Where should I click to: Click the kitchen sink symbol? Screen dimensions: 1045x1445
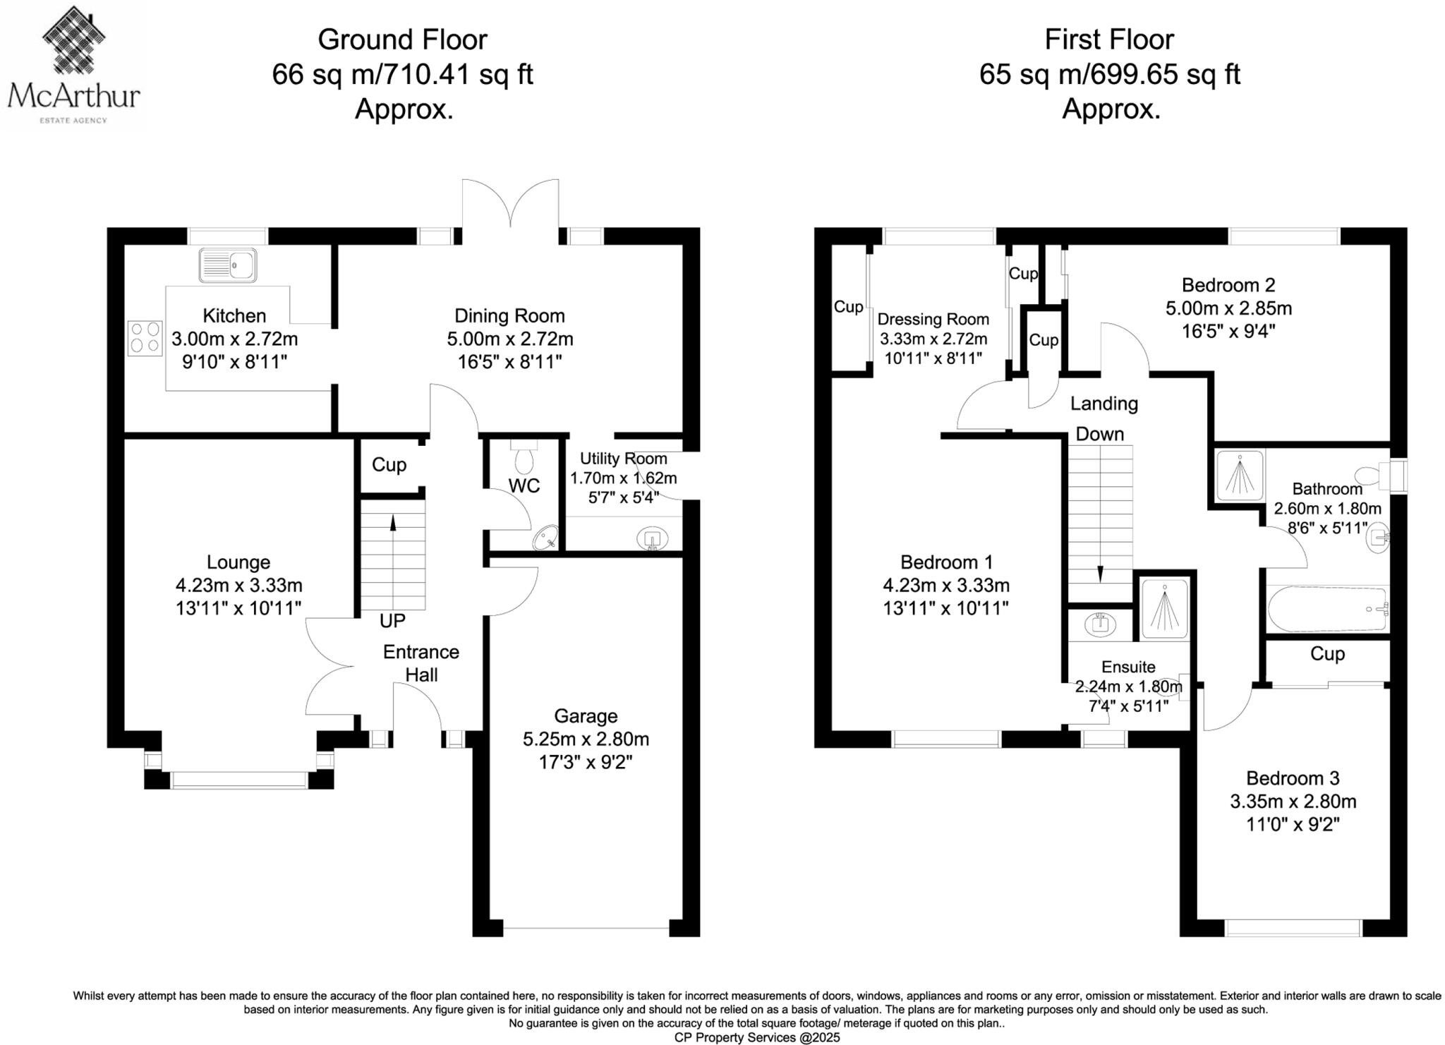click(x=227, y=265)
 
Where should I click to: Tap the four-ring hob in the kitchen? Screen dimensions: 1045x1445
click(x=145, y=337)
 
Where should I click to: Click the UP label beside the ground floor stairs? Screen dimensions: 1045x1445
click(x=392, y=621)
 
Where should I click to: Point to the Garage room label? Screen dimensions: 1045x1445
click(x=586, y=715)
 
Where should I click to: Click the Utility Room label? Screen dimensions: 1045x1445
click(x=623, y=459)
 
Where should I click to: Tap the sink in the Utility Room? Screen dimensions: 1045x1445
click(x=652, y=539)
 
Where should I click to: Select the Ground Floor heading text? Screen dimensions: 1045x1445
click(x=402, y=40)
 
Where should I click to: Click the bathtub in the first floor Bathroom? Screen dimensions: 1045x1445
click(x=1327, y=609)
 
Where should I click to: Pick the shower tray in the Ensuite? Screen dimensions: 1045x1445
click(x=1164, y=608)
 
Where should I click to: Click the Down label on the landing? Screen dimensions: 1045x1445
click(x=1099, y=434)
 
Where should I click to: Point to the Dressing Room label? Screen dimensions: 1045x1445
click(x=933, y=319)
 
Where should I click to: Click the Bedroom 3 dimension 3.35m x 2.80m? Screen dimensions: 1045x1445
click(x=1293, y=802)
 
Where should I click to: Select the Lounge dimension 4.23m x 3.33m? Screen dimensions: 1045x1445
click(x=238, y=585)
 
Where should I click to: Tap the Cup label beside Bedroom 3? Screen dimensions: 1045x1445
click(x=1327, y=654)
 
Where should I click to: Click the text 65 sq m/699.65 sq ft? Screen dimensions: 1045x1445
click(x=1109, y=74)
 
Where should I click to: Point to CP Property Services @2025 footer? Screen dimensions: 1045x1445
click(x=757, y=1037)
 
